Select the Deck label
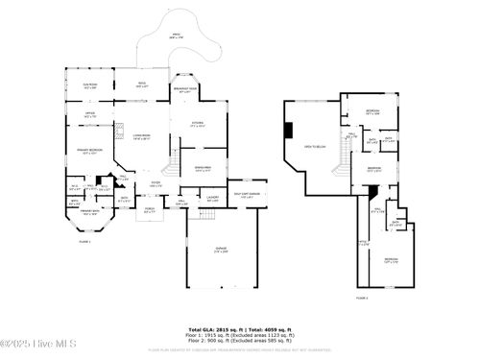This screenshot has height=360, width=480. [141, 84]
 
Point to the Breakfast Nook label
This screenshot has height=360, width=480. [185, 90]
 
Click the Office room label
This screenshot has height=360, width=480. [89, 116]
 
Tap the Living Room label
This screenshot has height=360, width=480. [144, 138]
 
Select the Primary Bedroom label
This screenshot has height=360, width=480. [90, 152]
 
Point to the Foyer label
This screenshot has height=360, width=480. [155, 184]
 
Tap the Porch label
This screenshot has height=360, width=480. [150, 209]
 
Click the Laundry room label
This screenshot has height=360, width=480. [213, 200]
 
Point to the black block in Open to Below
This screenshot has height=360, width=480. [287, 132]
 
